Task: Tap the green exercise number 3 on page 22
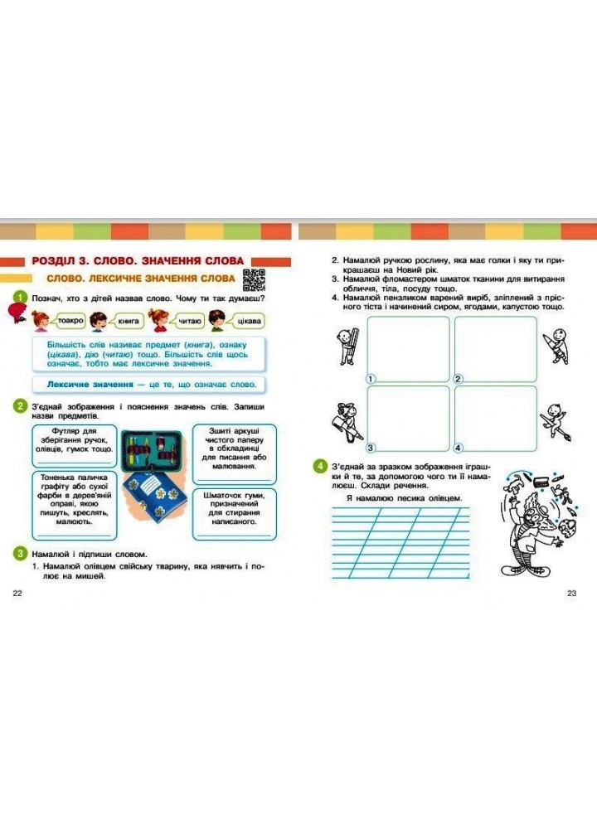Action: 18,553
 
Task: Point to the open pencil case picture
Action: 153,451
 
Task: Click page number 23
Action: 571,593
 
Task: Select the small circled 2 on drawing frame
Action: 458,378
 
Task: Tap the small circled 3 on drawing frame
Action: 371,447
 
